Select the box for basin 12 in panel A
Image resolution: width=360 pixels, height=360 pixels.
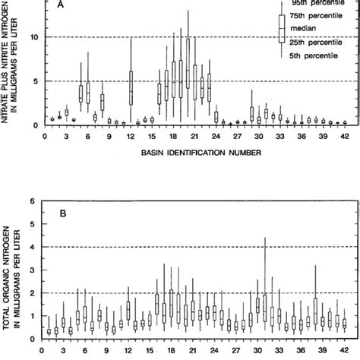coord(131,89)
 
